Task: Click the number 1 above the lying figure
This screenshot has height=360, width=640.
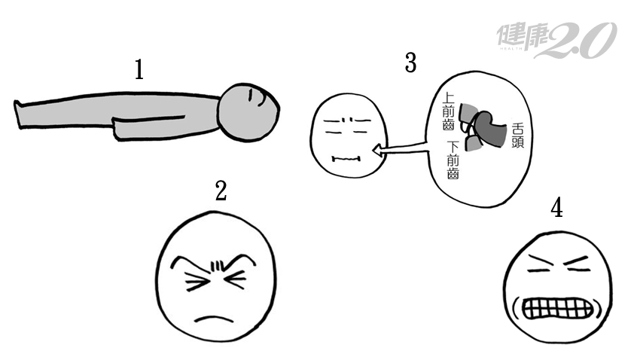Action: click(x=139, y=69)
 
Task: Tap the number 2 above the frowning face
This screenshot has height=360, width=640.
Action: click(x=221, y=191)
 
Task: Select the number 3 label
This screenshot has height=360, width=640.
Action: click(x=410, y=63)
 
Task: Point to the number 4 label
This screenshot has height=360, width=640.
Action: click(x=556, y=207)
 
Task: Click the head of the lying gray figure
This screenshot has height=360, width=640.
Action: click(x=248, y=112)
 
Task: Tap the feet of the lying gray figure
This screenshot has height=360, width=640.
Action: click(x=18, y=114)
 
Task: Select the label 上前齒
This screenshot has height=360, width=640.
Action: click(x=449, y=111)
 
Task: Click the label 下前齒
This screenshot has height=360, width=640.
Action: click(x=453, y=160)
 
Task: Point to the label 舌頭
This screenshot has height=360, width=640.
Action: click(x=517, y=136)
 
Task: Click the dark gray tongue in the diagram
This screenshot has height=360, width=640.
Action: click(x=492, y=130)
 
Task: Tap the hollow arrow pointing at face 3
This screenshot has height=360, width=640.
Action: click(x=401, y=149)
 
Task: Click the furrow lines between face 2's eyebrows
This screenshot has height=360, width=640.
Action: click(x=217, y=267)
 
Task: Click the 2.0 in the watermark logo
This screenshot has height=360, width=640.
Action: click(x=581, y=40)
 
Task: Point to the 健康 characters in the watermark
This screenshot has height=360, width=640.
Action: click(x=523, y=38)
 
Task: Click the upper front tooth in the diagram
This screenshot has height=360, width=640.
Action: click(x=468, y=114)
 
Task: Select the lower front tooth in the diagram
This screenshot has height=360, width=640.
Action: click(x=473, y=143)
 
